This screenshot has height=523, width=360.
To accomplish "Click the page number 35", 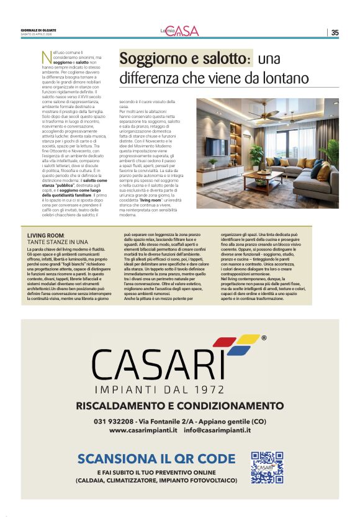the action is [335, 33].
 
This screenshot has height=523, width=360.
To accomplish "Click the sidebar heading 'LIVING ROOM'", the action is [46, 235].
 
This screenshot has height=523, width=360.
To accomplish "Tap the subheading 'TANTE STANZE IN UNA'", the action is [58, 242].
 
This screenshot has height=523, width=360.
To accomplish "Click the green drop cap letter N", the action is [46, 58].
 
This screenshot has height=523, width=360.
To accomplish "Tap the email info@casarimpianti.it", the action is [217, 430].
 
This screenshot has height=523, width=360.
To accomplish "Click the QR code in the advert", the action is [267, 467].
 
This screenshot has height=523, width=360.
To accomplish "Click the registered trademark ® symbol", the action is [264, 339].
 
